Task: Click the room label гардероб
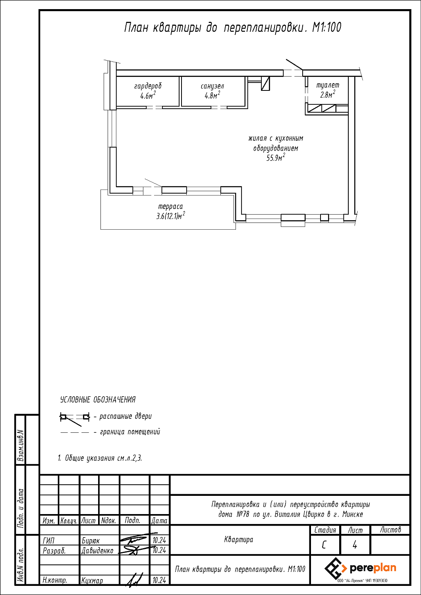tap(148, 86)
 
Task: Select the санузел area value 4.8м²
tap(212, 95)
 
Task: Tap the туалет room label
tap(328, 85)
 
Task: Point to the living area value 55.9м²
tap(276, 157)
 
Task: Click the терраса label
tap(170, 206)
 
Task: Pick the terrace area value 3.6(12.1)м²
tap(170, 216)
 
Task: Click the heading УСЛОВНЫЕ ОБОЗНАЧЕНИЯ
tap(98, 399)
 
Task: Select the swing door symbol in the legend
tap(75, 419)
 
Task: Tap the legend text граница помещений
tap(130, 432)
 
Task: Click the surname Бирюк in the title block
tap(91, 541)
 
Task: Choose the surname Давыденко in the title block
tap(97, 551)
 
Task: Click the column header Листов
tap(390, 530)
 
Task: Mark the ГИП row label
tap(48, 541)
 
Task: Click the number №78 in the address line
tap(243, 514)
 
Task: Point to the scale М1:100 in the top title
tap(326, 27)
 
